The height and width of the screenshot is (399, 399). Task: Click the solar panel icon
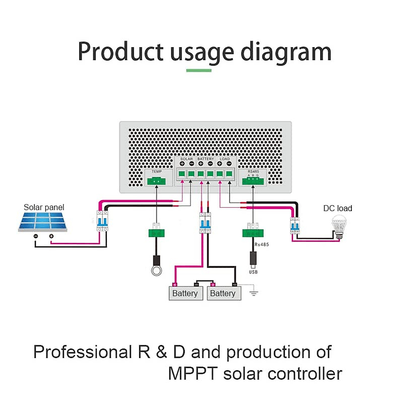[43, 221]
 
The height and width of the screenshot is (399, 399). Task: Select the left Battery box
[186, 293]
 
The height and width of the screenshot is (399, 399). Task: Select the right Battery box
[223, 293]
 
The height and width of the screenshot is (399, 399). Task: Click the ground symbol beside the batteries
[254, 293]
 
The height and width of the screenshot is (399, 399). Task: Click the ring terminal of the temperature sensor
[156, 270]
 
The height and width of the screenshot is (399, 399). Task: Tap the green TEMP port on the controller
[157, 181]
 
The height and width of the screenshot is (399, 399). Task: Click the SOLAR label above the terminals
[186, 159]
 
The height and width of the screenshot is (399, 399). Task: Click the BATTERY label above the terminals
[205, 159]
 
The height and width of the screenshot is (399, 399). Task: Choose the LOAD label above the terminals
[225, 159]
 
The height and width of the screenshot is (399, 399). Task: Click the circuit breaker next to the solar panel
[102, 221]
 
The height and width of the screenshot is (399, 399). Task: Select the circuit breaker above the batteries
[205, 223]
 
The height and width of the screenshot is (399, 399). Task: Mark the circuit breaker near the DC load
[295, 225]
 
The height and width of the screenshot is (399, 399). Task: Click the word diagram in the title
[286, 52]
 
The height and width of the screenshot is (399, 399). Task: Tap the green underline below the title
[199, 70]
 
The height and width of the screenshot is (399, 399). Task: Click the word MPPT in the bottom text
[193, 374]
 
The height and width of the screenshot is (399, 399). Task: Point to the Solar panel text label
[44, 207]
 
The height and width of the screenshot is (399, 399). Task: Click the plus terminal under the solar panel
[51, 236]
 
